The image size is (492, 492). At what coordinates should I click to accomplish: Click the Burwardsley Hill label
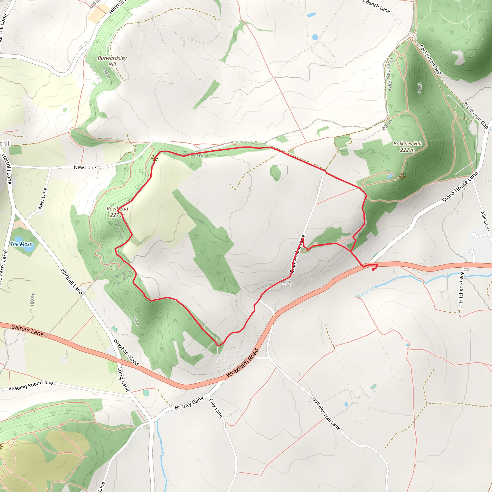[x=112, y=61]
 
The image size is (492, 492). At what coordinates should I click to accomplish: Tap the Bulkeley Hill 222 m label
[x=407, y=147]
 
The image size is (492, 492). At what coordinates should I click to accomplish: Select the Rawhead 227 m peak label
[x=117, y=212]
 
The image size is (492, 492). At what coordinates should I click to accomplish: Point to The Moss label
[x=21, y=244]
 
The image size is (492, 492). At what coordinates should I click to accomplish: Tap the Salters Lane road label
[x=27, y=330]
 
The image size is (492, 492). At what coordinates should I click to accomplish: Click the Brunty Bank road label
[x=189, y=403]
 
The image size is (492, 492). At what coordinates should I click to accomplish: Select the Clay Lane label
[x=216, y=408]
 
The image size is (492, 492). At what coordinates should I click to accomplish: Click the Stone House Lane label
[x=460, y=187]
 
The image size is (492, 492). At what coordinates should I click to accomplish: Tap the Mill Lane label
[x=485, y=221]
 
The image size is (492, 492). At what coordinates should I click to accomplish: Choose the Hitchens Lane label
[x=461, y=287]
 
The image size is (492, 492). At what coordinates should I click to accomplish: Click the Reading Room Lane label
[x=31, y=385]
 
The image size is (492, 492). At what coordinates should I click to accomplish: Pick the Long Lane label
[x=123, y=379]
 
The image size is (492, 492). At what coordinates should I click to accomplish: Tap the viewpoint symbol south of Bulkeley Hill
[x=402, y=176]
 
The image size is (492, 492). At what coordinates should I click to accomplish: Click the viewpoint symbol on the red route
[x=154, y=159]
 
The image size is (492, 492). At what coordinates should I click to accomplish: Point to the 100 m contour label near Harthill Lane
[x=32, y=300]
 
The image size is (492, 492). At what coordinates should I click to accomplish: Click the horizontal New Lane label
[x=85, y=167]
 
